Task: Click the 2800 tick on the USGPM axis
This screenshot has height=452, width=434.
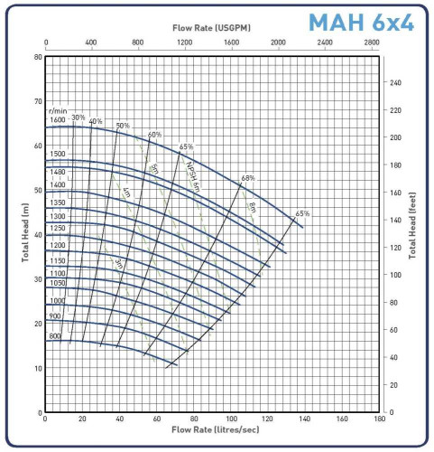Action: point(372,42)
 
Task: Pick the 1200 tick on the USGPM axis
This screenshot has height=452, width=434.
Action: point(185,42)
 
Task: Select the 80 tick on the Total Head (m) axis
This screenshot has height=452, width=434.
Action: point(38,57)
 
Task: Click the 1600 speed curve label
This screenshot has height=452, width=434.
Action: point(58,120)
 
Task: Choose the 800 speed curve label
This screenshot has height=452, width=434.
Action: point(55,336)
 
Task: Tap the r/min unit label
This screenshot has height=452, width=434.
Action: point(59,109)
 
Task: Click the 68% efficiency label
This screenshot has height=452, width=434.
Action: point(248,178)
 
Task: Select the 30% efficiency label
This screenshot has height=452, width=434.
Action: point(78,118)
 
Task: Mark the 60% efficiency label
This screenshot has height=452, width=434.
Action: point(155,135)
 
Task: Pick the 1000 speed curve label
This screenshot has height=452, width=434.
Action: point(57,300)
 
